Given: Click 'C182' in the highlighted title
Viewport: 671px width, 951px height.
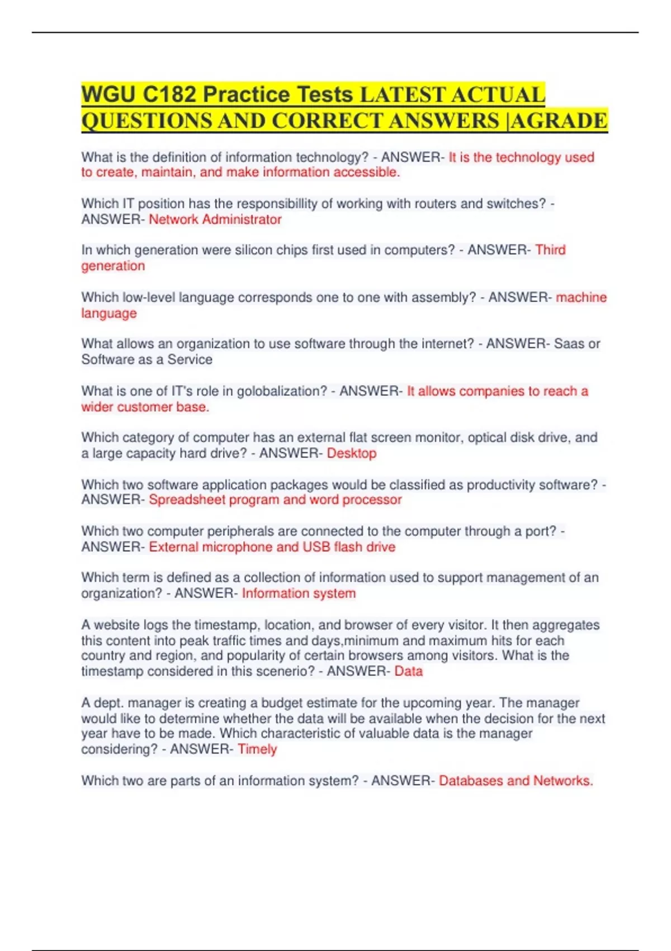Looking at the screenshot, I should click(169, 95).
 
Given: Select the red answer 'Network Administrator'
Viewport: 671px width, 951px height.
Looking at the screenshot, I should click(215, 219).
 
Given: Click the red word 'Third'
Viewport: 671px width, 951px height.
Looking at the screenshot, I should click(550, 250).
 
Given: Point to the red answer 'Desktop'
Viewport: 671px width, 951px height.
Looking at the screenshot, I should click(351, 453).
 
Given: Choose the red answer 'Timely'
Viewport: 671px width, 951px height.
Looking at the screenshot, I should click(257, 749).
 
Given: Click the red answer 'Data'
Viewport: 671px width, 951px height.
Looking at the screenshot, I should click(408, 671).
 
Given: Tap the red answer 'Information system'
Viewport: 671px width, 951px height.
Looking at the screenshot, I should click(299, 594).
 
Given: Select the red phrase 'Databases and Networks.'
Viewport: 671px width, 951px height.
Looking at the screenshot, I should click(516, 780).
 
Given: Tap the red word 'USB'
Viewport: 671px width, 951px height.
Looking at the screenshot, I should click(316, 547).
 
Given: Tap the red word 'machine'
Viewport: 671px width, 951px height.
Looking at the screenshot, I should click(581, 297).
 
